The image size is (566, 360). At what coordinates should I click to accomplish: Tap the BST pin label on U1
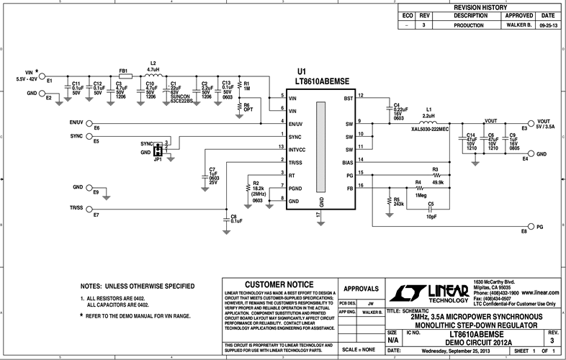click(348, 98)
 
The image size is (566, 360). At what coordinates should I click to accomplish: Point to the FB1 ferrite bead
click(125, 77)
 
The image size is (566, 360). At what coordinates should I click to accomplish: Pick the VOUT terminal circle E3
click(531, 123)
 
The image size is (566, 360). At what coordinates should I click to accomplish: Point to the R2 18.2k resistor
click(248, 189)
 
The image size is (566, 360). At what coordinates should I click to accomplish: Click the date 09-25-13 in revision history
click(548, 24)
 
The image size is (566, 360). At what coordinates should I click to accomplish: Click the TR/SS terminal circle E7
click(90, 209)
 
